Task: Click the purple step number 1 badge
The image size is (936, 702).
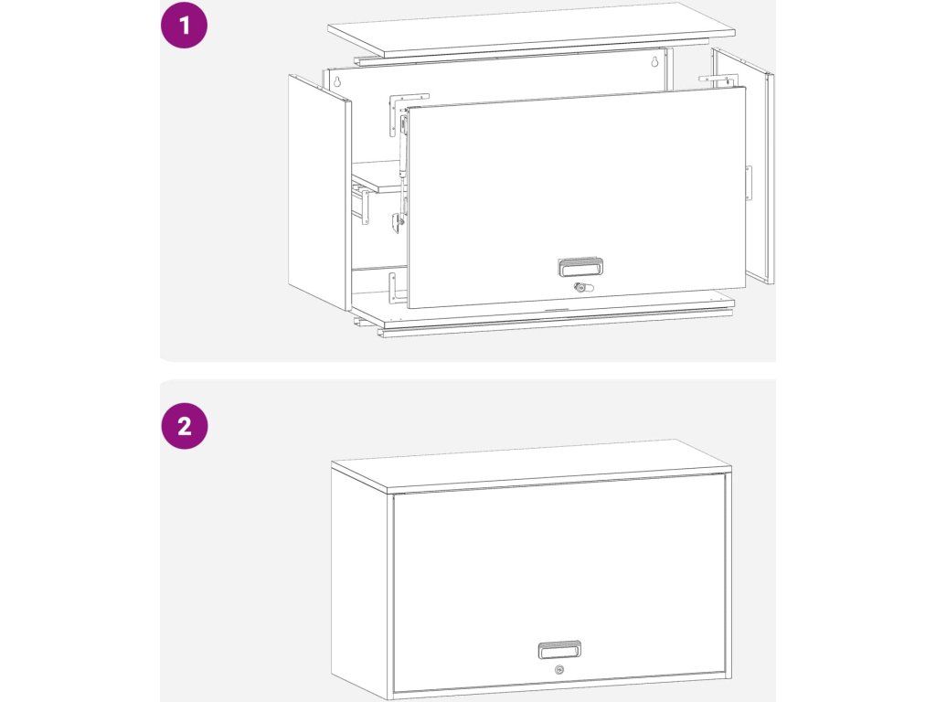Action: pos(185,25)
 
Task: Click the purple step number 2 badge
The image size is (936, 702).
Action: pos(185,426)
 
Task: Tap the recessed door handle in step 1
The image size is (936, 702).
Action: pos(580,267)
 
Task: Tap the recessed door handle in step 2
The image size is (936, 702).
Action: pos(559,650)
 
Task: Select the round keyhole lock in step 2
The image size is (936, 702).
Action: pos(559,670)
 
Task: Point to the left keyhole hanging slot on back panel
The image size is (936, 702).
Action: pos(336,81)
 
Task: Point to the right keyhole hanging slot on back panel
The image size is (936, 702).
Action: pos(654,61)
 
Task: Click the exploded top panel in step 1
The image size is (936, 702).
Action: pos(531,30)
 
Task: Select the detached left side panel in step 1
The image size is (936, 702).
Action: pos(319,192)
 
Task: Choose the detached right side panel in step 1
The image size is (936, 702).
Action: pos(742,167)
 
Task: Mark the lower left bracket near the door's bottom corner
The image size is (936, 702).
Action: pos(395,288)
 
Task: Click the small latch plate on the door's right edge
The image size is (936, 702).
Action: pos(749,183)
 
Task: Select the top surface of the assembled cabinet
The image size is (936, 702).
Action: pos(531,465)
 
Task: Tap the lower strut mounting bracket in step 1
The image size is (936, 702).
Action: pos(397,222)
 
